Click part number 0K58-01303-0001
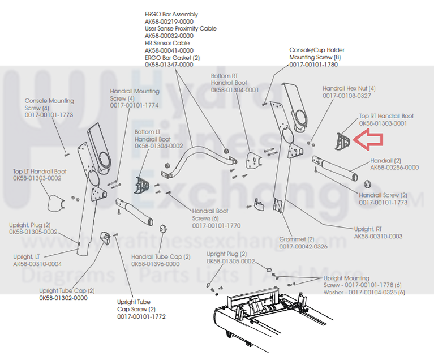click(x=383, y=123)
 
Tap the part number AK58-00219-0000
click(x=169, y=22)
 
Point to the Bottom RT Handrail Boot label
click(x=229, y=79)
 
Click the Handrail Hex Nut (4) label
click(x=349, y=89)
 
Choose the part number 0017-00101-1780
click(x=313, y=65)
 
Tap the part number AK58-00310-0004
click(x=37, y=264)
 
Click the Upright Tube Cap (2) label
click(x=67, y=290)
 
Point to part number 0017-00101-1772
click(x=141, y=316)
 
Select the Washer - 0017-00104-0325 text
click(x=364, y=292)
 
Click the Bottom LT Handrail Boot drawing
click(x=141, y=185)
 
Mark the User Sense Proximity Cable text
click(x=181, y=28)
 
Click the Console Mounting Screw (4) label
click(x=49, y=104)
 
